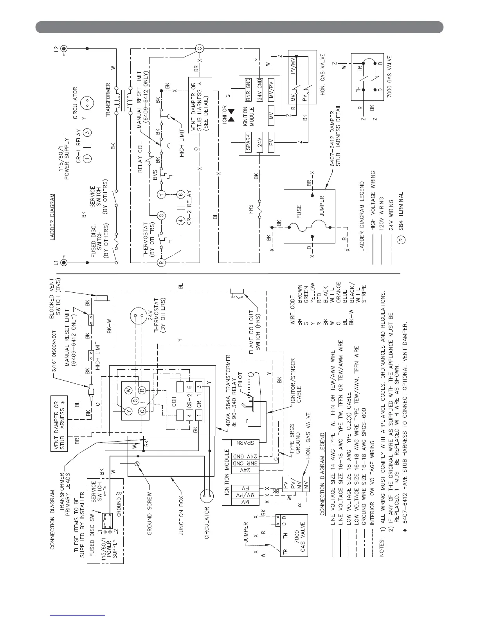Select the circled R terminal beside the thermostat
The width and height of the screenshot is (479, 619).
[x=160, y=262]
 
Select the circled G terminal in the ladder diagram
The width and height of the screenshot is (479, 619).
[x=160, y=215]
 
